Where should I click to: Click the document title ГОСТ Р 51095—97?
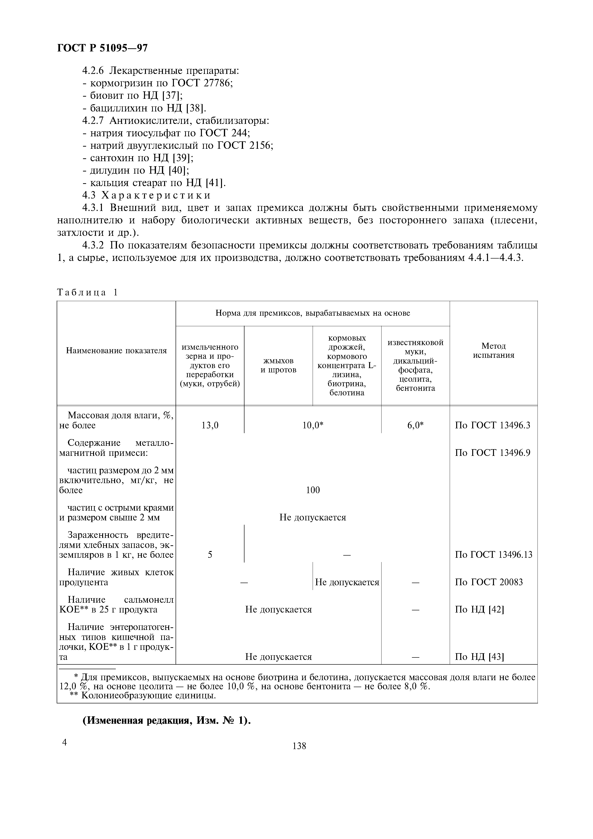[x=103, y=48]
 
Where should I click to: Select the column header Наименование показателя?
[x=116, y=350]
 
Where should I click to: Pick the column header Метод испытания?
[x=493, y=350]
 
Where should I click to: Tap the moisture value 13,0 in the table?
[x=210, y=425]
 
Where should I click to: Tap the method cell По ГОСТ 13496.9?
[x=492, y=453]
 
